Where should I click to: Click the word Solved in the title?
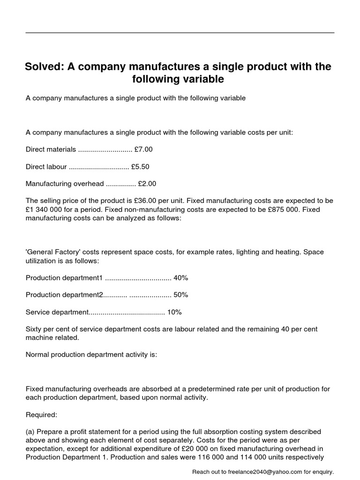[44, 67]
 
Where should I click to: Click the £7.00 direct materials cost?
[143, 150]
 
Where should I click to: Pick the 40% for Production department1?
[180, 277]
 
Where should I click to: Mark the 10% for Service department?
[174, 312]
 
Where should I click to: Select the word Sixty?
[34, 329]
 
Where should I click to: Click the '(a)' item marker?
[30, 431]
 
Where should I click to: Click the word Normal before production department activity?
[37, 354]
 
